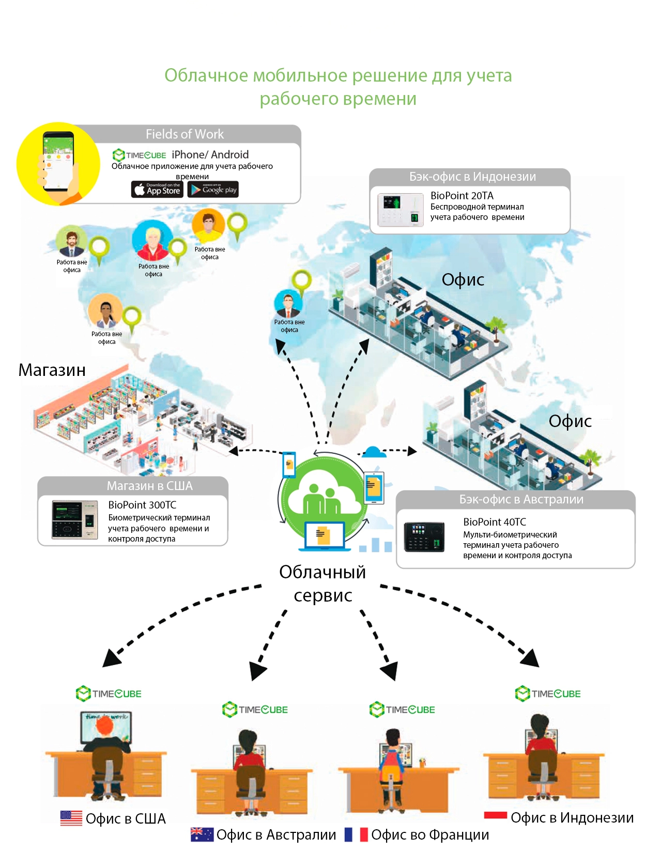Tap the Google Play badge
click(213, 190)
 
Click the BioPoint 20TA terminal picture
click(401, 210)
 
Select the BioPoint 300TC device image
click(74, 519)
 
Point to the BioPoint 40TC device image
click(424, 537)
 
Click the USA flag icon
click(71, 818)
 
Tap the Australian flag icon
click(202, 834)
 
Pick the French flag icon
click(356, 834)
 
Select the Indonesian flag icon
click(495, 816)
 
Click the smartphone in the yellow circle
click(58, 162)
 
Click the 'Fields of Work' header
click(184, 134)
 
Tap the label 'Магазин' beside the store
click(52, 370)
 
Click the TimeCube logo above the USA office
click(109, 693)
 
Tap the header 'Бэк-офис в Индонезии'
click(472, 177)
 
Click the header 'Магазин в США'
click(149, 486)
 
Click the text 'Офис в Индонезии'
click(572, 818)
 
